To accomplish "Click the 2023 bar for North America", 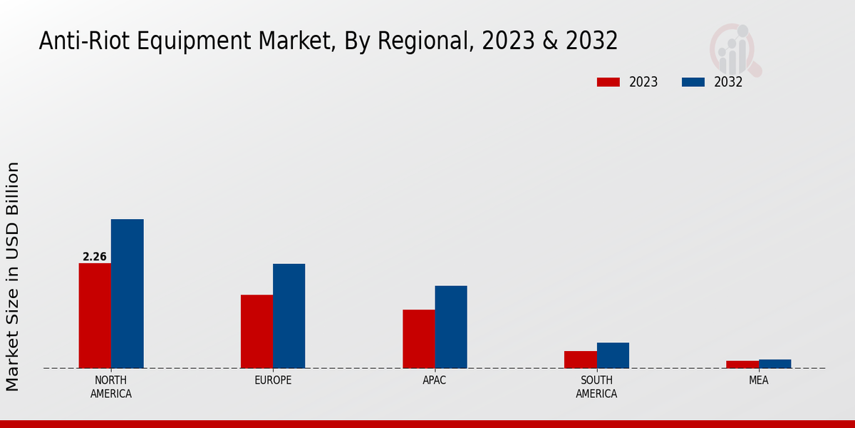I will point(95,316).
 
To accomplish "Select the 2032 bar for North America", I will point(127,294).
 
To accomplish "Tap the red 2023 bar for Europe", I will point(256,332).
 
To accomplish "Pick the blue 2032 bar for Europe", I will point(289,316).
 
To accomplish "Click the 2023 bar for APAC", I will point(418,339).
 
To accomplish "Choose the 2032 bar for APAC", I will point(451,327).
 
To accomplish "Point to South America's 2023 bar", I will point(580,360).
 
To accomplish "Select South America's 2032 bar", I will point(613,355).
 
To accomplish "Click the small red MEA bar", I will point(742,365).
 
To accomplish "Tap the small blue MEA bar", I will point(774,364).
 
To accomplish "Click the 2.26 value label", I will point(95,257).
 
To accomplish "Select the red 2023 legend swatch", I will point(608,82).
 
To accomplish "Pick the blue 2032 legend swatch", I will point(693,82).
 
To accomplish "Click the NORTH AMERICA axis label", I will point(111,387).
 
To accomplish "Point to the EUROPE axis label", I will point(273,380).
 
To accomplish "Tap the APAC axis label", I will point(435,380).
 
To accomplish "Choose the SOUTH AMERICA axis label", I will point(596,387).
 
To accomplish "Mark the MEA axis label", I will point(758,380).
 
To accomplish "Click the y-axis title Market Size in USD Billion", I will point(13,277).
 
